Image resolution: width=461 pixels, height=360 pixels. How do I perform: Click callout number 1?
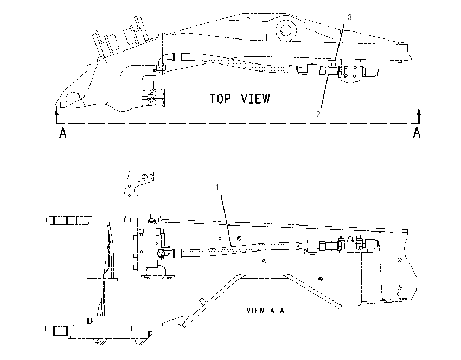click(217, 187)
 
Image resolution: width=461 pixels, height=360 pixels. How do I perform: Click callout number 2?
click(318, 114)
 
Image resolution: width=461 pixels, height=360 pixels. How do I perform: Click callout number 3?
click(350, 17)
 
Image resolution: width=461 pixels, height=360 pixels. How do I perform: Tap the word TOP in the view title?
click(221, 99)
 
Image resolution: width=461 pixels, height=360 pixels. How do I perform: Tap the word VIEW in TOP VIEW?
click(255, 99)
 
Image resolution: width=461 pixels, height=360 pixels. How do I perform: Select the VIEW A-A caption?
click(266, 311)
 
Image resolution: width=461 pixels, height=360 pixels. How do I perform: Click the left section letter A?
click(62, 133)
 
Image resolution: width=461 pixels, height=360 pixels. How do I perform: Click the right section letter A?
click(417, 133)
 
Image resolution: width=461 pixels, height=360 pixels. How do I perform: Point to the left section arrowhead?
click(57, 111)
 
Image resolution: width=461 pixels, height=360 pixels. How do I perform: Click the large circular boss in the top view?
click(285, 30)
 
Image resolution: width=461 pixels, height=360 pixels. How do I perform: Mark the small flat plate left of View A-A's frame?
click(102, 279)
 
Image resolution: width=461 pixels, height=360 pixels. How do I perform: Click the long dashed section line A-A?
click(238, 124)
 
